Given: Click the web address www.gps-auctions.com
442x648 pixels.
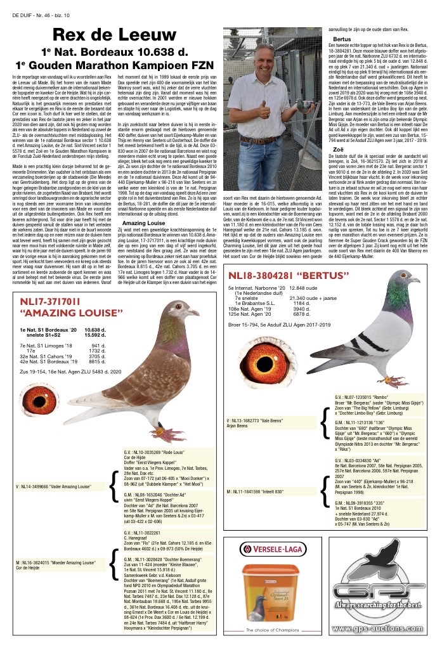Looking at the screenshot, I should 380,629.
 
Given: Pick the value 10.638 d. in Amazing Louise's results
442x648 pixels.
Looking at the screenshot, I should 93,330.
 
